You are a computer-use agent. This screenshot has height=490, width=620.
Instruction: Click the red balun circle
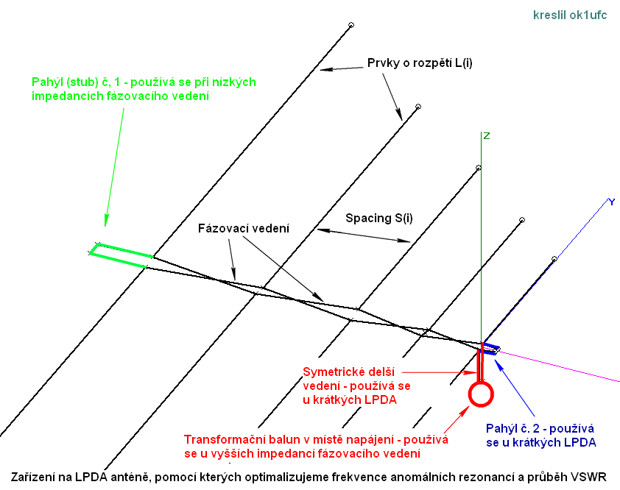480,394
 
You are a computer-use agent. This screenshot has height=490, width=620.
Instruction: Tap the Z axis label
486,136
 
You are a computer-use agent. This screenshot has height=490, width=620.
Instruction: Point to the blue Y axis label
610,202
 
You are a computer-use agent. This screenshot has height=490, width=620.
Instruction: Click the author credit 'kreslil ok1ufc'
571,15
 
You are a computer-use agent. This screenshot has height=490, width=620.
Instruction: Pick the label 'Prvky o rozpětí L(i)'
420,63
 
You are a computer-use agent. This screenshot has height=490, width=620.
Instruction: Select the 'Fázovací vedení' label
243,228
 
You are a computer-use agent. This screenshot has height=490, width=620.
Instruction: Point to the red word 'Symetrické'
330,372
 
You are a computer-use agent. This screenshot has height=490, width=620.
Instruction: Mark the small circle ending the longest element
350,25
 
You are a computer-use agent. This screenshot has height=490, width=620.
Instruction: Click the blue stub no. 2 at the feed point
492,347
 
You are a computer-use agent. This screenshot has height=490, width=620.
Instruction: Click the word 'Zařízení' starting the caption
33,477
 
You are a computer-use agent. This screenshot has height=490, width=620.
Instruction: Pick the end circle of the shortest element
554,259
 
